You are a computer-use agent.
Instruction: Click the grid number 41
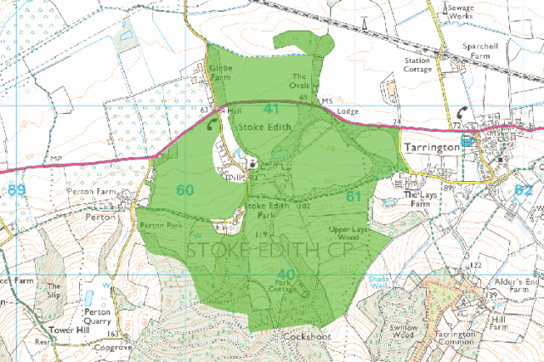click(271, 110)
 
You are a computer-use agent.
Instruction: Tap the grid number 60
click(185, 189)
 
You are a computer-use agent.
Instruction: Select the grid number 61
click(354, 197)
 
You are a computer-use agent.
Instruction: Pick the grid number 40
click(286, 274)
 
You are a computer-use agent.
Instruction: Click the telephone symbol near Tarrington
click(462, 112)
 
